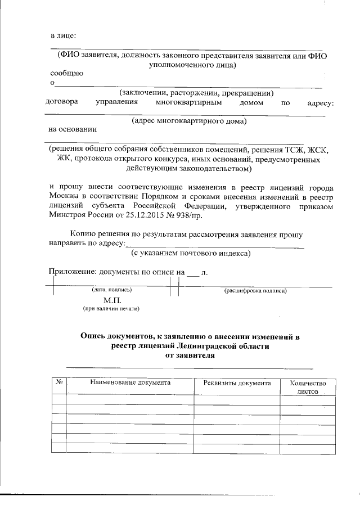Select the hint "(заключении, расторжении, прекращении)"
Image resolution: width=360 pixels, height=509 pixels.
pos(195,93)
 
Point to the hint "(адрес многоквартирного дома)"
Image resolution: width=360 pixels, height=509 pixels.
pos(189,121)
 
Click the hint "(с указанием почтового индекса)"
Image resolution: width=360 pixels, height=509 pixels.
pos(191,253)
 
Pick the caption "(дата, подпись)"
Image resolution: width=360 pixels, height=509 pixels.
pos(111,291)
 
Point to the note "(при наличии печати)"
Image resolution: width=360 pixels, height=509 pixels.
pos(111,309)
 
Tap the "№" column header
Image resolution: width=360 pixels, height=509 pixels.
pos(59,383)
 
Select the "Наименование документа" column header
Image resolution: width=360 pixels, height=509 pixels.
pos(130,383)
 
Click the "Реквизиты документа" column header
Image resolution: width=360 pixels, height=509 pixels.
pos(237,383)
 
